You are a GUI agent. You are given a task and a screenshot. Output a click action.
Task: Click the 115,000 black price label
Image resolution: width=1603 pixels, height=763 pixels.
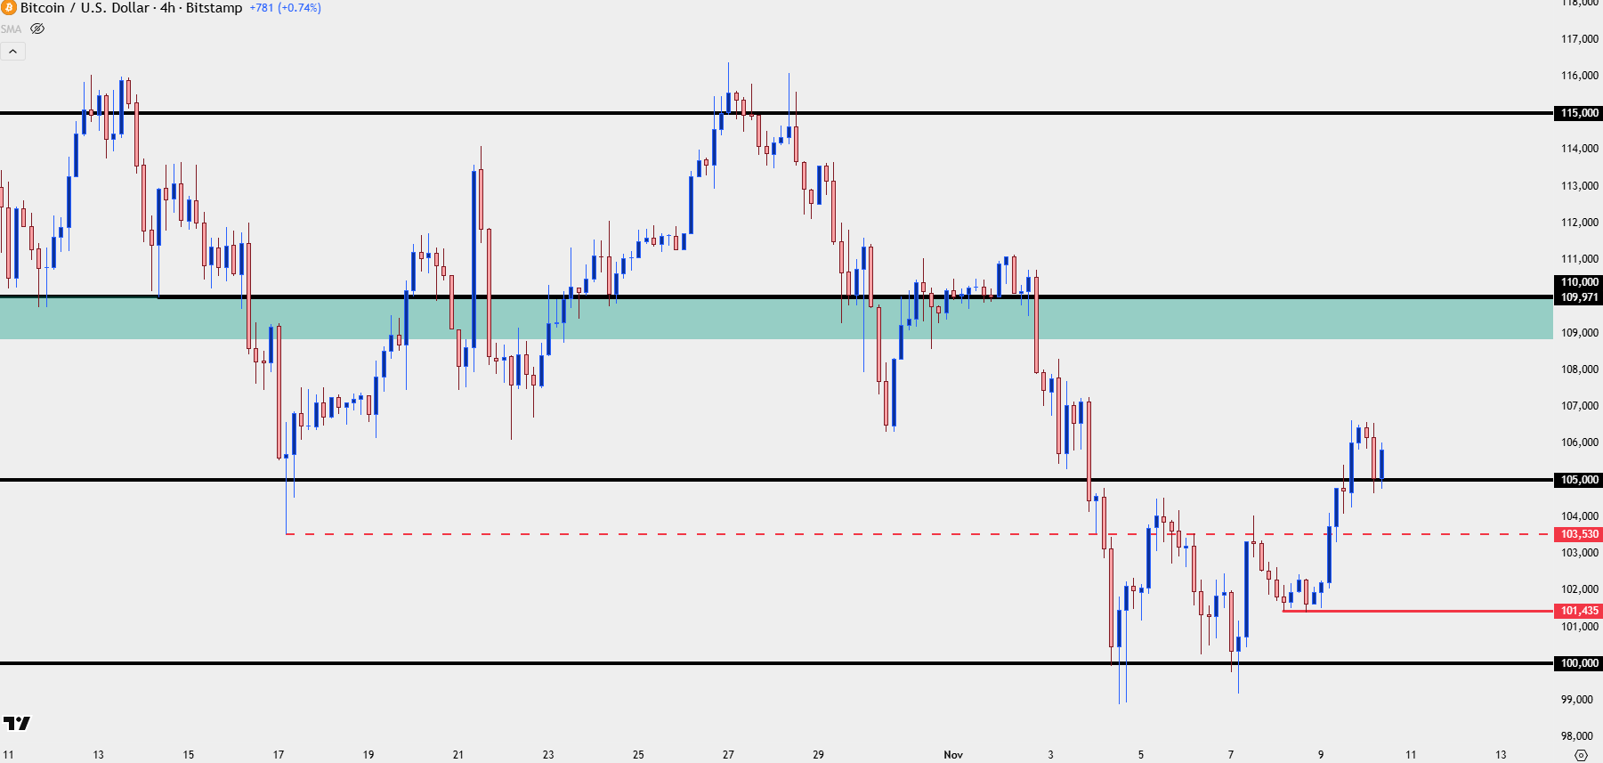coord(1579,113)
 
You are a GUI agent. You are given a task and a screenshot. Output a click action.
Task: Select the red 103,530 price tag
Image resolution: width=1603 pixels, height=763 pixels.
coord(1579,534)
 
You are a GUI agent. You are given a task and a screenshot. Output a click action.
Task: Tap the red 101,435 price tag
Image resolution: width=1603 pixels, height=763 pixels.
coord(1579,611)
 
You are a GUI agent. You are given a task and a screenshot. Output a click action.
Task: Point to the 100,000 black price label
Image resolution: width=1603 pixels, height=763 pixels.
coord(1579,663)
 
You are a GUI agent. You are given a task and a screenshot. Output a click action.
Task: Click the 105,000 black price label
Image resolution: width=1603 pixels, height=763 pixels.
coord(1579,480)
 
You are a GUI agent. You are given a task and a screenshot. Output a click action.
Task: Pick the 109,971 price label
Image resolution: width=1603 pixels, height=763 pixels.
coord(1579,297)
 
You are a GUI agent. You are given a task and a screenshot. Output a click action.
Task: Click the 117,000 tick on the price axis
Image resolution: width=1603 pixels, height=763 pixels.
coord(1579,39)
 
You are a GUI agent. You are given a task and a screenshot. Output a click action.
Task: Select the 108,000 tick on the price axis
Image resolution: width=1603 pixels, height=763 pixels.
coord(1579,369)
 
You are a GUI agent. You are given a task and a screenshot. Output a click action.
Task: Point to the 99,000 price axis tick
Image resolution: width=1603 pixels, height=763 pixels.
coord(1576,700)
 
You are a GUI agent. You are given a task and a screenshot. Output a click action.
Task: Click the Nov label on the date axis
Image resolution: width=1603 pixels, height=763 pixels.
coord(953,755)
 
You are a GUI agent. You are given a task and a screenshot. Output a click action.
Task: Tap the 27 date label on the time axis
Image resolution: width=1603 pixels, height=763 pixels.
coord(728,755)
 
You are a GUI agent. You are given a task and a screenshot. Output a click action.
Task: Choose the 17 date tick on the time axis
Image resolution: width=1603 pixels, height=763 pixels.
coord(279,755)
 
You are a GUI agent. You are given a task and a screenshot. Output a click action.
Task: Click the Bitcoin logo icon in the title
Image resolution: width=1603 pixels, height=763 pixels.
coord(9,8)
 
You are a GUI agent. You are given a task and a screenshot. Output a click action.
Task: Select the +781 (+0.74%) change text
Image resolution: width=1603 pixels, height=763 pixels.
coord(285,8)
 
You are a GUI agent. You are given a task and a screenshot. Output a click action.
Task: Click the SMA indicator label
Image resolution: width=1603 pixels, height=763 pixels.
coord(11,29)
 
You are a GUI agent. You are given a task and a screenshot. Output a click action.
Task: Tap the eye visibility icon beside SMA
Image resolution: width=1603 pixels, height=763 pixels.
coord(37,28)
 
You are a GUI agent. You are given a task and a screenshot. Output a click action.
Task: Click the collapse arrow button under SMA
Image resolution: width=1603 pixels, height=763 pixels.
coord(13,52)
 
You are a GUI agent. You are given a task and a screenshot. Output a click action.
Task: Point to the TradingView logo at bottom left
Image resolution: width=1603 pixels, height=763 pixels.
coord(17,723)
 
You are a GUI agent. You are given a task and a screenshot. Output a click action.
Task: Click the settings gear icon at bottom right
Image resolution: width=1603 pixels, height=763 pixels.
coord(1581,755)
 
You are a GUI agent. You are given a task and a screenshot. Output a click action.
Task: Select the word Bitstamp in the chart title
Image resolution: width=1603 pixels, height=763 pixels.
coord(214,8)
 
